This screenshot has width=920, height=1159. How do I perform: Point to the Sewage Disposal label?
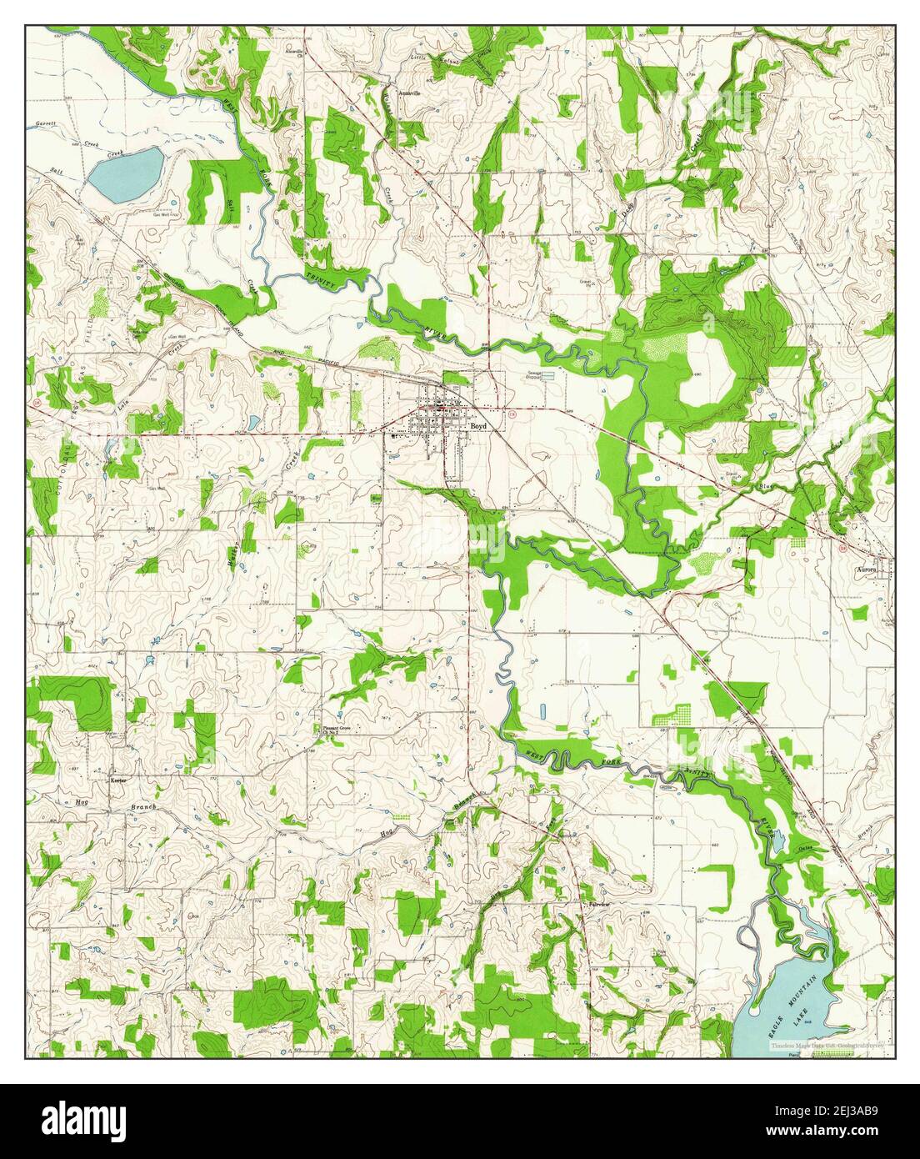point(532,376)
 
